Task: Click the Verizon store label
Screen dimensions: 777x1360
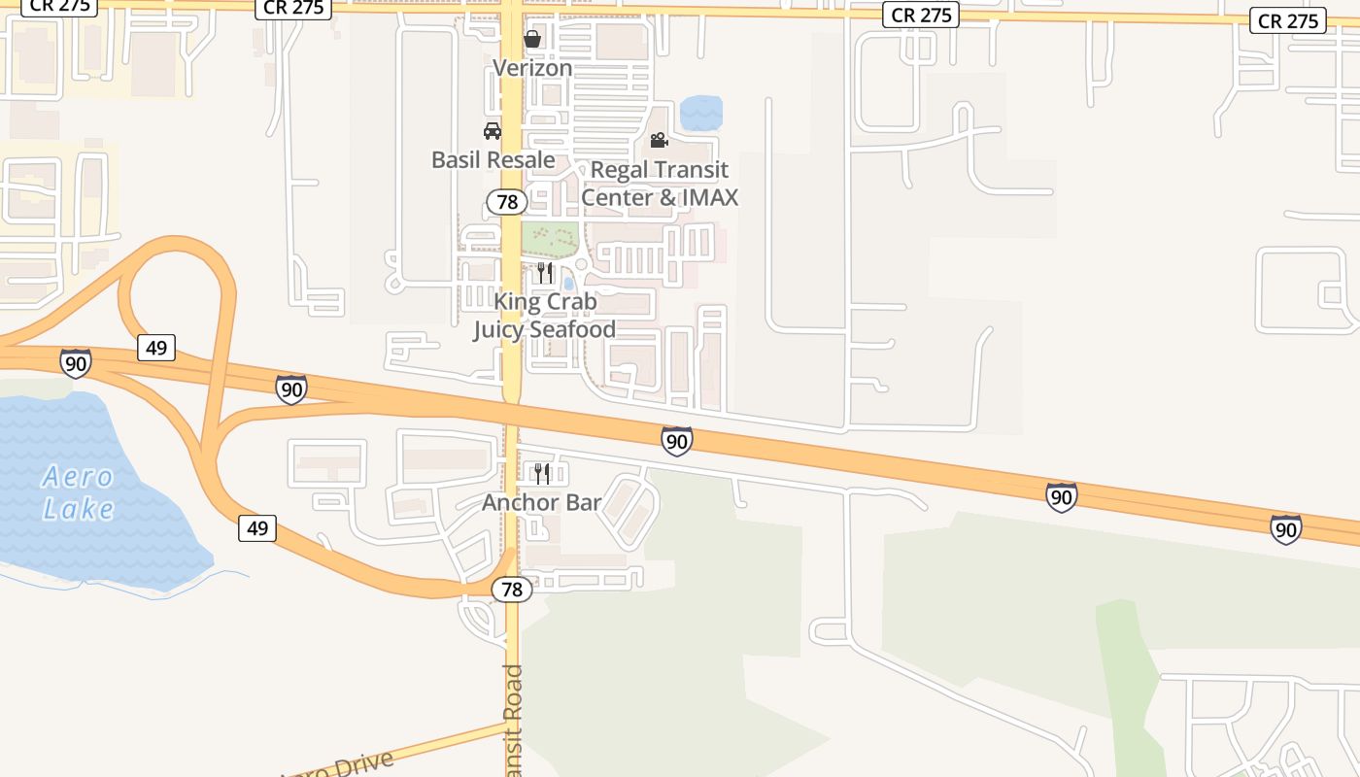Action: pos(532,68)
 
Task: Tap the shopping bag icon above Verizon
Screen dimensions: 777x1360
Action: pos(532,39)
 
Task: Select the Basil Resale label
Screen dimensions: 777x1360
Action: pos(493,160)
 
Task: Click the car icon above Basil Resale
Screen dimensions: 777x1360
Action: pos(493,131)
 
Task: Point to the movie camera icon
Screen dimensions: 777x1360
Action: pos(660,141)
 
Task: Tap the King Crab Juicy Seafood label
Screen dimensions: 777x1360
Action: pos(545,316)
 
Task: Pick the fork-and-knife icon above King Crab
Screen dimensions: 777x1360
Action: pos(545,273)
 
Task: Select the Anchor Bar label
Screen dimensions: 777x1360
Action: pos(542,503)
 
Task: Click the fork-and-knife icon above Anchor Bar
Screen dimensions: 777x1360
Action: pos(542,473)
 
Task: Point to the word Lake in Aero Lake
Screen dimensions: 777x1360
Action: pos(79,508)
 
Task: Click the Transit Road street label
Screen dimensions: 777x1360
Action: pos(513,719)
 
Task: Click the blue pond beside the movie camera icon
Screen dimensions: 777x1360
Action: pos(701,114)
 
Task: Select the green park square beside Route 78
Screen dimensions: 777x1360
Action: pos(550,236)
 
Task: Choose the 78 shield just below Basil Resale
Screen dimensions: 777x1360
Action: pos(506,202)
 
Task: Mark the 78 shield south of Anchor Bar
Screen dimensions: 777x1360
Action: pos(512,590)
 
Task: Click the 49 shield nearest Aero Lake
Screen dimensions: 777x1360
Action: pos(257,528)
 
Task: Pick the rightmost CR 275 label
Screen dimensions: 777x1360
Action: pos(1287,20)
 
